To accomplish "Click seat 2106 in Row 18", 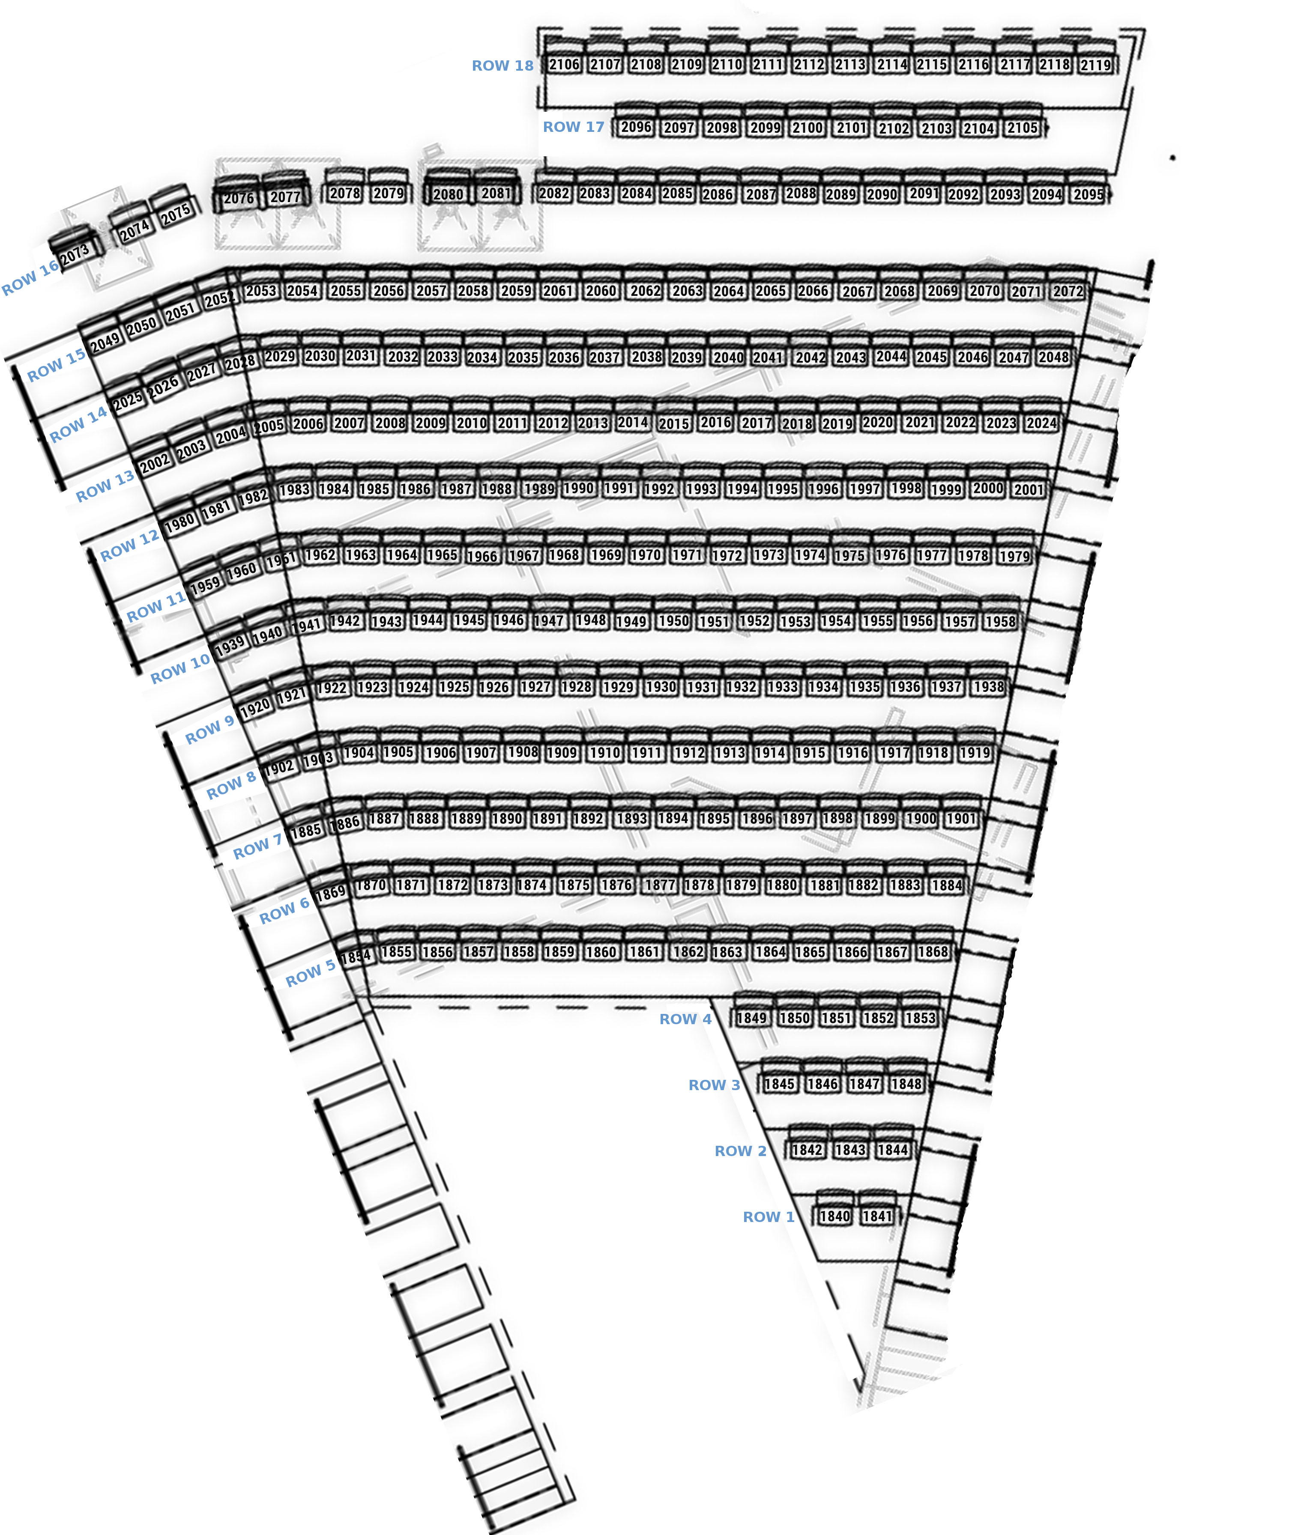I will [564, 65].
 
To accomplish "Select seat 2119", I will [1095, 66].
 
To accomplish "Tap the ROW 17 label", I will [573, 127].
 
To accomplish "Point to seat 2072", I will [1068, 291].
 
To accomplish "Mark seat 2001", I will [1028, 489].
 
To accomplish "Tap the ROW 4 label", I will [685, 1019].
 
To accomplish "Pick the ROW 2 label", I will [741, 1151].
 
